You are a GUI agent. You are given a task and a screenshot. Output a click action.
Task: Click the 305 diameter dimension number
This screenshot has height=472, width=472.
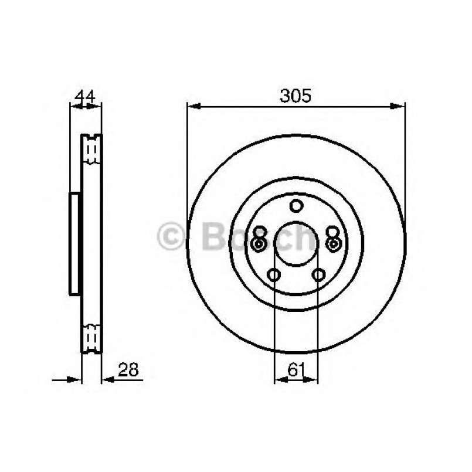pos(296,96)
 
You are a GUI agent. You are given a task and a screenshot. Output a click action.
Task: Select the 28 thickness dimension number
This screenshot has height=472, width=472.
pos(128,369)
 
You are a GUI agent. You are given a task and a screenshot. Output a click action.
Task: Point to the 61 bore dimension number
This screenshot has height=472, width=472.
pos(296,369)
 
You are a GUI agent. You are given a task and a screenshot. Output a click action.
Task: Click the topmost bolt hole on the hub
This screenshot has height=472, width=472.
pos(296,206)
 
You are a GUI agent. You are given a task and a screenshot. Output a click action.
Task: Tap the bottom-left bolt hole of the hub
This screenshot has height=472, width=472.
pos(273,274)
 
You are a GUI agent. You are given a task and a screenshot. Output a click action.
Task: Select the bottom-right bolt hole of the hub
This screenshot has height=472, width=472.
pos(318,274)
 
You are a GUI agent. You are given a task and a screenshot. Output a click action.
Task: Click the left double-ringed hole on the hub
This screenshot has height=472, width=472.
pos(258,244)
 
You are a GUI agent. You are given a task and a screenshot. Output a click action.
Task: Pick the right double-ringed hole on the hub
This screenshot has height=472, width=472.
pos(334,244)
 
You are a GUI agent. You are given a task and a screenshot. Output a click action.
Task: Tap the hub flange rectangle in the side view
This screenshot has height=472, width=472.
pos(74,244)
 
